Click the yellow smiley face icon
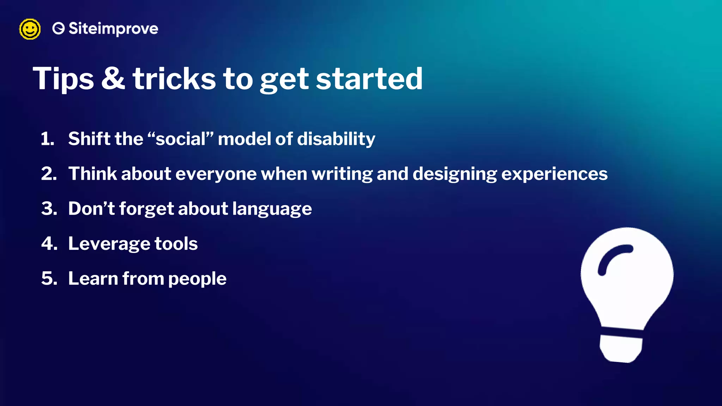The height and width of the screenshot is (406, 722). point(30,29)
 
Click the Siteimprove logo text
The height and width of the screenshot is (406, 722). point(113,29)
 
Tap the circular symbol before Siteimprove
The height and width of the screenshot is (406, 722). point(59,29)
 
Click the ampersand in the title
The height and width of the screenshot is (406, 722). point(113,78)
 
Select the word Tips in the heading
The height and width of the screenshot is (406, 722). point(63,79)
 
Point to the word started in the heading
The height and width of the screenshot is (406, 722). point(369,79)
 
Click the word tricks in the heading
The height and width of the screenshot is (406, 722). point(174,79)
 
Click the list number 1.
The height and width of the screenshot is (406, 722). point(47,139)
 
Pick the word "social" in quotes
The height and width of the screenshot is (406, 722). point(180,139)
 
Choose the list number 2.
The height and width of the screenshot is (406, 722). point(49,174)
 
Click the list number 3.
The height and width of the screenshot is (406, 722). point(49,209)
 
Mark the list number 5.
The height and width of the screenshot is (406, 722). point(49,278)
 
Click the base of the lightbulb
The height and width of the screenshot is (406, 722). point(620,349)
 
